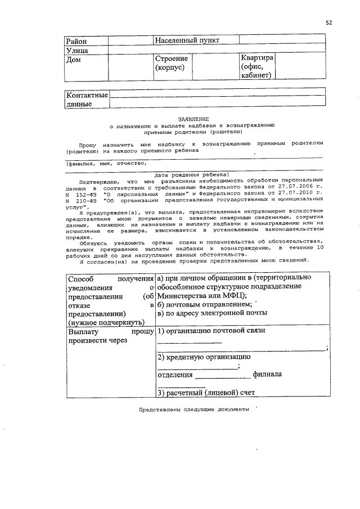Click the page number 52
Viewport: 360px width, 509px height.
(329, 22)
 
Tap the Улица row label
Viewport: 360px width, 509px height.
(78, 51)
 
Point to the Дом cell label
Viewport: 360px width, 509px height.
(74, 60)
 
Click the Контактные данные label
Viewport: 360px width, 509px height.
(87, 100)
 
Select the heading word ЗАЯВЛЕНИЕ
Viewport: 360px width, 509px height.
(193, 119)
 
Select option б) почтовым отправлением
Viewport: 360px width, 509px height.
(204, 304)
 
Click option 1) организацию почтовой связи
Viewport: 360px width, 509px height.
(211, 331)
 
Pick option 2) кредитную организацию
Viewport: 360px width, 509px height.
(204, 357)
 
